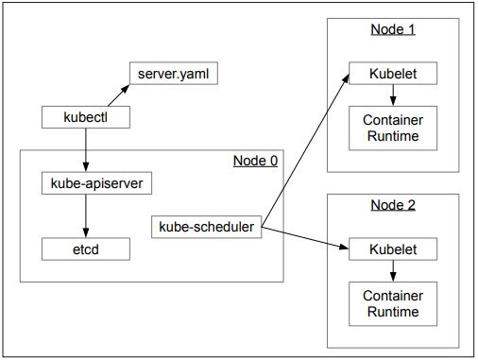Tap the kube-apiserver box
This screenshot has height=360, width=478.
pyautogui.click(x=85, y=183)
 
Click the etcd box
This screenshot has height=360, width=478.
pyautogui.click(x=85, y=249)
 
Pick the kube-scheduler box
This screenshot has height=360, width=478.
pyautogui.click(x=206, y=227)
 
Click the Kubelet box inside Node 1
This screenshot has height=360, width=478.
pyautogui.click(x=392, y=73)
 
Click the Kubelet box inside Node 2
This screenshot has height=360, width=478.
pyautogui.click(x=392, y=249)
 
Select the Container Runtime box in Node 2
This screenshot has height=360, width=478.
pyautogui.click(x=392, y=304)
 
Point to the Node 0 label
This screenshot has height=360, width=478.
pyautogui.click(x=255, y=160)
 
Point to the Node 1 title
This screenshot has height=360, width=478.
pyautogui.click(x=392, y=29)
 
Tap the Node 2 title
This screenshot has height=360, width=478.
pyautogui.click(x=392, y=205)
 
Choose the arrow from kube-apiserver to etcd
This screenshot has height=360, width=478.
pyautogui.click(x=85, y=215)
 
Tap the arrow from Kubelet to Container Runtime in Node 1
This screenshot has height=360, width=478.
pyautogui.click(x=392, y=94)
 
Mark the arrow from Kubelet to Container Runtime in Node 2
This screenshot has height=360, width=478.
pyautogui.click(x=392, y=270)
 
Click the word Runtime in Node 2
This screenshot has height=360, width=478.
pyautogui.click(x=392, y=312)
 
